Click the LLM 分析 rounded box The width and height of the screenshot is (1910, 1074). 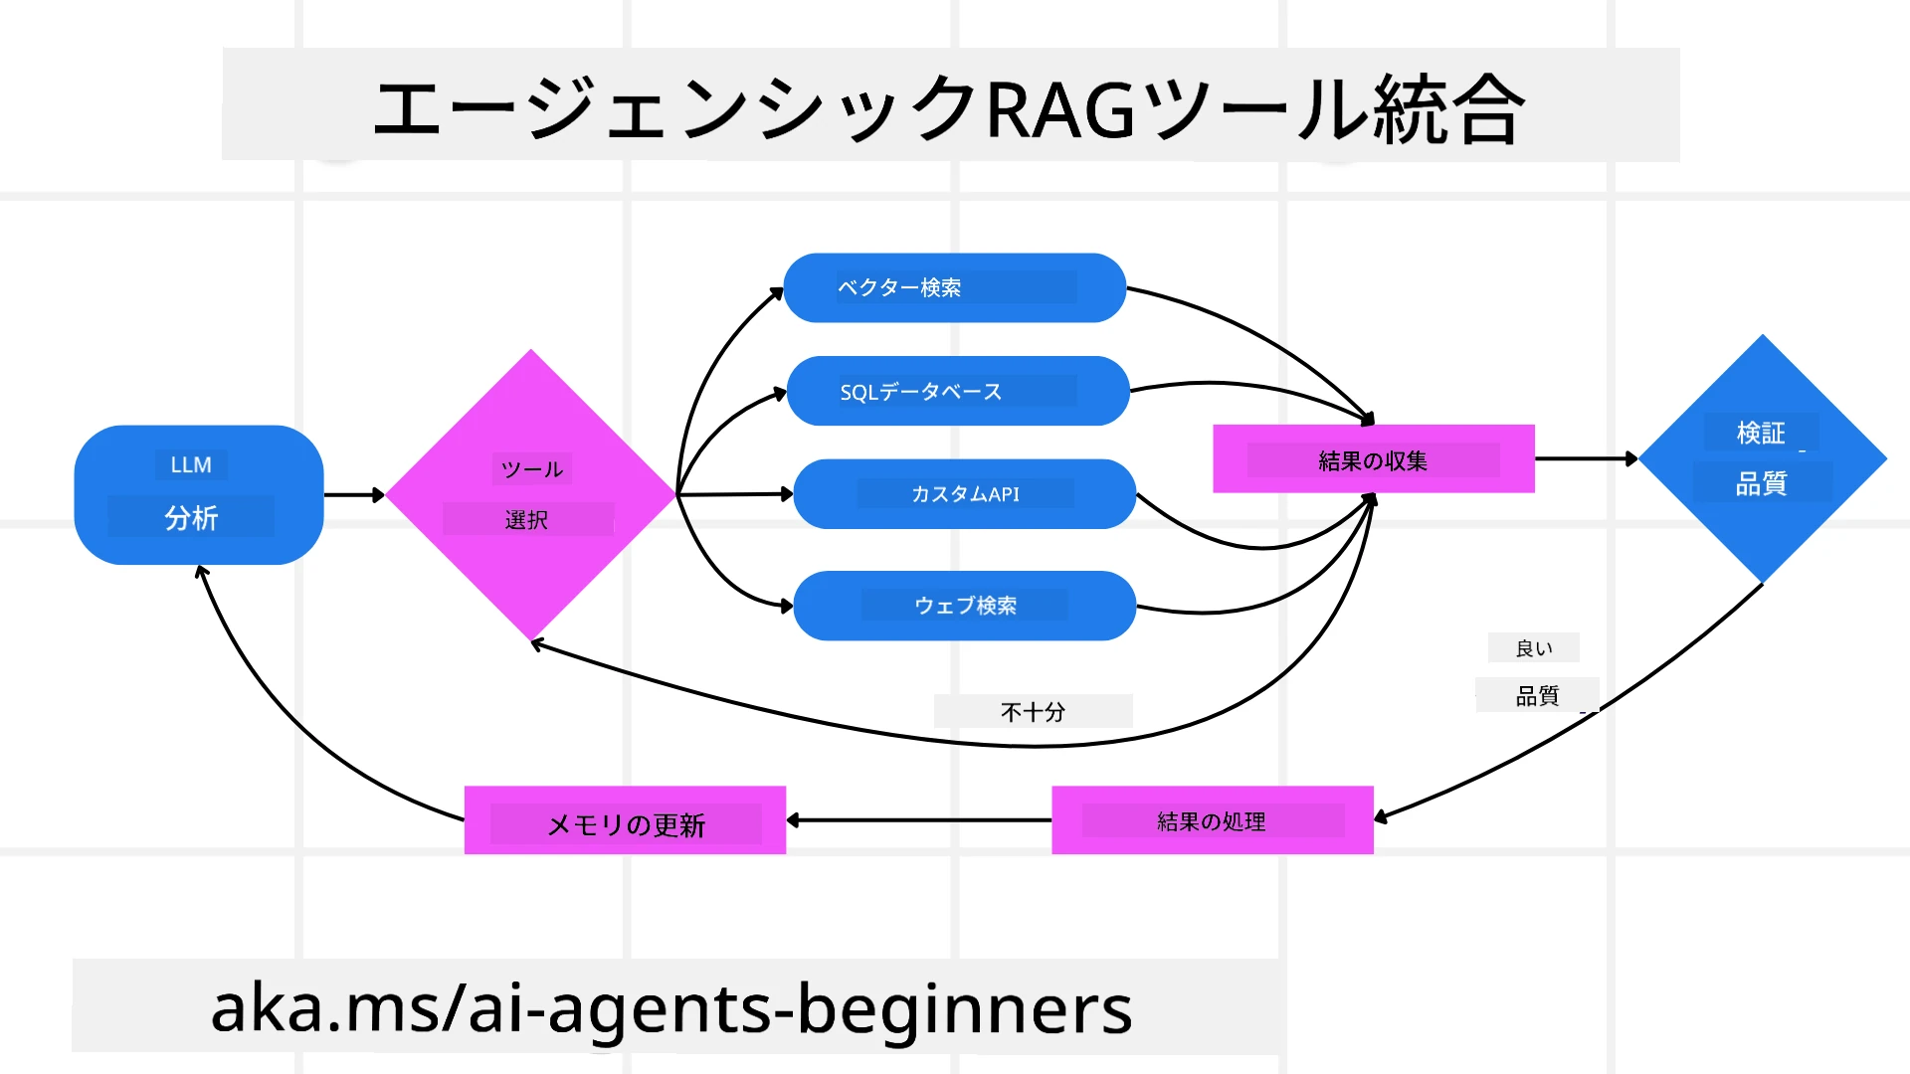click(x=199, y=494)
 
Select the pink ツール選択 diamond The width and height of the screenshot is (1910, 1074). click(x=530, y=494)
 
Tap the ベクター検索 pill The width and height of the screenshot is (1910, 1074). click(x=954, y=287)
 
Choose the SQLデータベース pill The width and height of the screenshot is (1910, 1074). click(x=957, y=391)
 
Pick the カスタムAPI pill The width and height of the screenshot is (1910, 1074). click(x=964, y=494)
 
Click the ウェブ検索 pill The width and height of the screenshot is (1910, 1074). click(x=964, y=606)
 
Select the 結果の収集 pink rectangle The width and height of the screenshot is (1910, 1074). click(x=1373, y=459)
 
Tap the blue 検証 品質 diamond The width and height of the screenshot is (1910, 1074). click(x=1762, y=458)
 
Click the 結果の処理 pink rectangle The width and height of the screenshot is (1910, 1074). click(x=1212, y=820)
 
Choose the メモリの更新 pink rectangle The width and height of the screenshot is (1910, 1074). click(x=625, y=821)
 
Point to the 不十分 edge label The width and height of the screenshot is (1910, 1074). click(x=1033, y=712)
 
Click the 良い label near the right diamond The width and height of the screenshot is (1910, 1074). click(x=1533, y=648)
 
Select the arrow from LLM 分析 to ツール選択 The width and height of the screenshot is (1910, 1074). click(x=353, y=494)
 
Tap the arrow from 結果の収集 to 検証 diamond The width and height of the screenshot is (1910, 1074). click(x=1586, y=458)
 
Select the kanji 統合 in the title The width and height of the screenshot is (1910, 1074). click(x=1448, y=109)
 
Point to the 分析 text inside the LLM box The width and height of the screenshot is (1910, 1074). click(x=191, y=518)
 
